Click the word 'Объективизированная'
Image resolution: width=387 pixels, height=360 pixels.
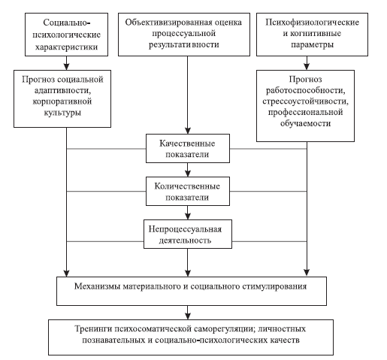[x=165, y=23]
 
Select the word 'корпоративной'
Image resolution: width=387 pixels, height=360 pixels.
[x=62, y=101]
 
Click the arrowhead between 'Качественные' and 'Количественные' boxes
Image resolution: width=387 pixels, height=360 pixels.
[x=188, y=174]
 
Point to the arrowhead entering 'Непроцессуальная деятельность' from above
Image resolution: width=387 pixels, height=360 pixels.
[x=188, y=216]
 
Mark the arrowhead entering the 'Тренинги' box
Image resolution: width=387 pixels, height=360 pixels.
[x=188, y=316]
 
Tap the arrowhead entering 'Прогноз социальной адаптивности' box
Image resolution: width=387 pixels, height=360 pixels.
[x=66, y=66]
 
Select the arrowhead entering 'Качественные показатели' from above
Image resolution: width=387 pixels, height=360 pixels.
[x=188, y=130]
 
